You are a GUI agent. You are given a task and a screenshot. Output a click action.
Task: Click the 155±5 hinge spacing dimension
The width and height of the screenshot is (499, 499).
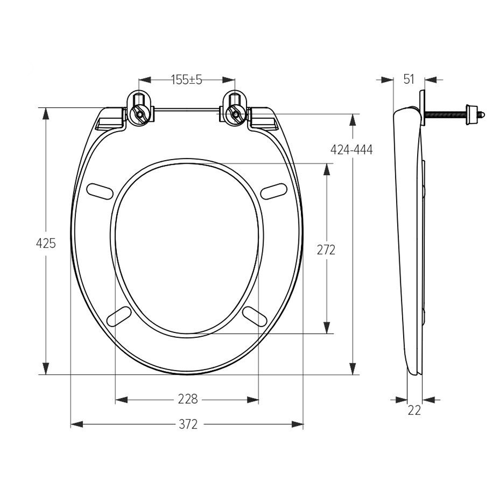click(187, 79)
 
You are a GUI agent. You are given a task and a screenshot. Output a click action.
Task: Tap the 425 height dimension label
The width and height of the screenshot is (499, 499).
click(46, 243)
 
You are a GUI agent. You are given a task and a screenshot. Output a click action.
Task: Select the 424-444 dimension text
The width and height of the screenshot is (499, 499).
click(351, 149)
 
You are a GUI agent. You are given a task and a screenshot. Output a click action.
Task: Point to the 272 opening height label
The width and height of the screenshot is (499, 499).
click(326, 250)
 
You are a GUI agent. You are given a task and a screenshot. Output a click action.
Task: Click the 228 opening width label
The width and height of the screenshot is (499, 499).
click(188, 399)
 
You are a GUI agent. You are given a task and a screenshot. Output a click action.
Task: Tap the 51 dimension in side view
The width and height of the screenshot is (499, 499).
click(409, 79)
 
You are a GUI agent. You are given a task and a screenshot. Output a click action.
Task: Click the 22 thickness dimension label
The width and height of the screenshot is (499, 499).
click(414, 410)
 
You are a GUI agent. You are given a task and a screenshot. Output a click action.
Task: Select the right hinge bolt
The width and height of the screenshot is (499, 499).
click(236, 114)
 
